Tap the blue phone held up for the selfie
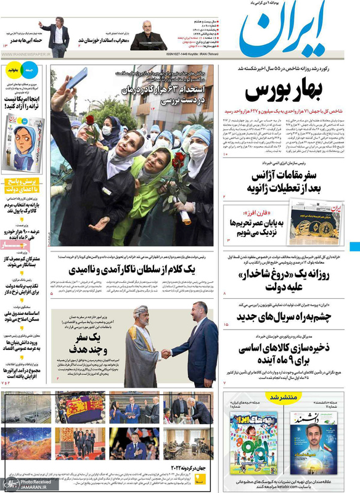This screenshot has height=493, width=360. (78, 78)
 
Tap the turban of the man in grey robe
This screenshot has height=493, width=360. (141, 311)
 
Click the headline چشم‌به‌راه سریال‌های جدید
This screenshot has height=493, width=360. (286, 317)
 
